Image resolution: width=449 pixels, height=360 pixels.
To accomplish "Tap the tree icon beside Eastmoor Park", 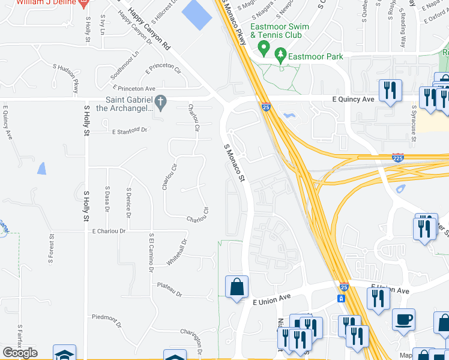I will click(280, 56).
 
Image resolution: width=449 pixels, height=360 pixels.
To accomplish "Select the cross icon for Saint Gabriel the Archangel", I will click(160, 101).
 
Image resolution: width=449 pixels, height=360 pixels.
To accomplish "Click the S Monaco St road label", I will click(235, 163).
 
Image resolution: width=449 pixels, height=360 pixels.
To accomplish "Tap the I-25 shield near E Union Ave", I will click(343, 287).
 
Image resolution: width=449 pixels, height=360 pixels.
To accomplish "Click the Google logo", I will click(20, 353).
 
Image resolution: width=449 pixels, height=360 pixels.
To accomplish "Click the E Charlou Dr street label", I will click(109, 231).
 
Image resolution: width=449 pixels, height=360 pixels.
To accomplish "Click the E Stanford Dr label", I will click(129, 130).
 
